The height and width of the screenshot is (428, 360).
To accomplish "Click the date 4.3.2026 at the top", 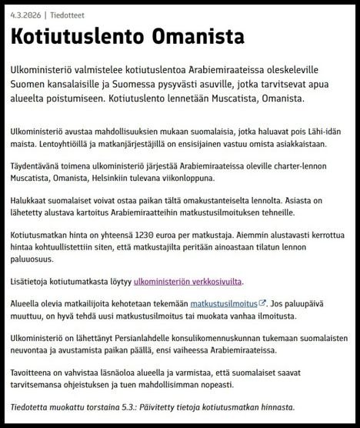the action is (24, 15).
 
